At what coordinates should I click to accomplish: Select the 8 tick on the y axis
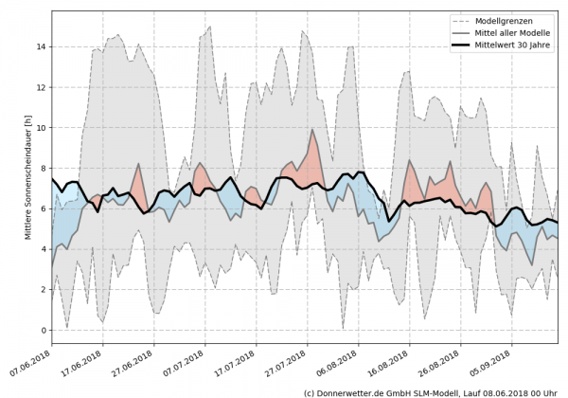click(44, 169)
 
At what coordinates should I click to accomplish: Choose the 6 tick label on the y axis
click(44, 209)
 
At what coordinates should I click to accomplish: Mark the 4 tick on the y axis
click(44, 250)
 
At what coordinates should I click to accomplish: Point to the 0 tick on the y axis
click(44, 331)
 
